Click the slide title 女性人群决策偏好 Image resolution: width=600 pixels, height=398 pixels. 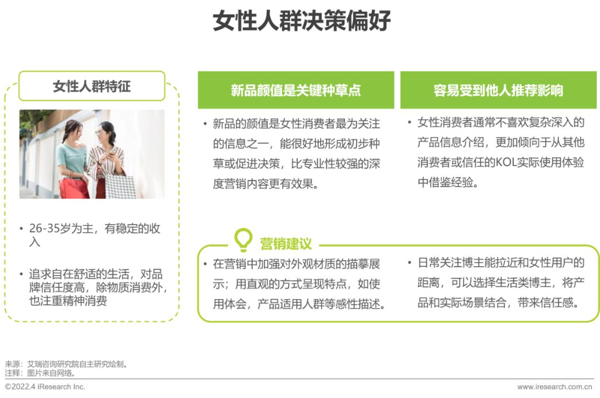tap(302, 20)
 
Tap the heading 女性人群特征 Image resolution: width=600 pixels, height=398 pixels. tap(92, 86)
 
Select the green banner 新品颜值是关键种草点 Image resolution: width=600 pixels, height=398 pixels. tap(296, 90)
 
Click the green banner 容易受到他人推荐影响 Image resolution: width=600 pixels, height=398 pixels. tap(498, 90)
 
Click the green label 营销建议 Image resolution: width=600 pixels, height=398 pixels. tap(286, 244)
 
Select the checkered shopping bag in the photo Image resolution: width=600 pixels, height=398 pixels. tap(120, 187)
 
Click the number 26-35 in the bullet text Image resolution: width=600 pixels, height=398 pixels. tap(45, 228)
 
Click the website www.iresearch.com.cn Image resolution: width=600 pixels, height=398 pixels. tap(554, 387)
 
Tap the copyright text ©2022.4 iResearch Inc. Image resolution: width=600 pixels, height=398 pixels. tap(45, 386)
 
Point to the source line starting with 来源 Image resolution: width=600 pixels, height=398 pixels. tap(66, 364)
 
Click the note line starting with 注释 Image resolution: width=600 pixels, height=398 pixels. tap(40, 373)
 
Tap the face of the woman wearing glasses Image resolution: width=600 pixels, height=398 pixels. tap(102, 133)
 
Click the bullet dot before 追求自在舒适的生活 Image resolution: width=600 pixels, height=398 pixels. tap(22, 274)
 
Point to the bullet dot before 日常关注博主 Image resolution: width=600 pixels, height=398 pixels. tap(409, 262)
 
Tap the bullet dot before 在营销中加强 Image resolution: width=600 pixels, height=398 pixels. tap(206, 263)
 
